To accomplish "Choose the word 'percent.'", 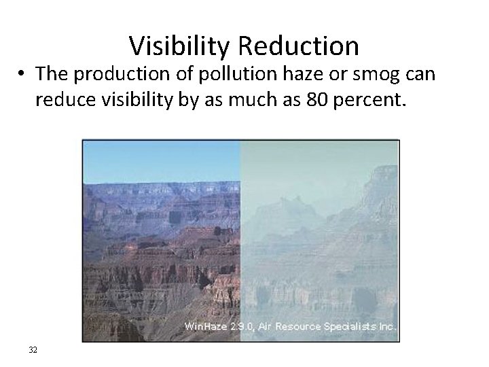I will (x=367, y=102).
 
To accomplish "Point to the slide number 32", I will (x=33, y=349).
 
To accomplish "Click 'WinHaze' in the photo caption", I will (x=202, y=327).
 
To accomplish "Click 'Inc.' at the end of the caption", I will (x=388, y=327).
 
